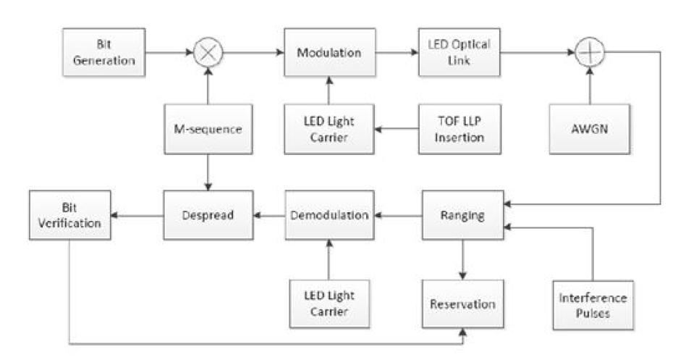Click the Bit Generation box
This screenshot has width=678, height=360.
[103, 53]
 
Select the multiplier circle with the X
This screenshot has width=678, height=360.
[208, 53]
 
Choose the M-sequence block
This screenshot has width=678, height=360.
[208, 128]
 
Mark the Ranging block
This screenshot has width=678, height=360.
[462, 214]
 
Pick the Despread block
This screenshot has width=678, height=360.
[208, 214]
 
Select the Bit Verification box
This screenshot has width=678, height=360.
[71, 214]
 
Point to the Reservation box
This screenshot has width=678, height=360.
[462, 304]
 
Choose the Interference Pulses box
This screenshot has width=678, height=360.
[593, 304]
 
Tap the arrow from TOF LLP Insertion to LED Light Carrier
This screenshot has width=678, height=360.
[396, 129]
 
